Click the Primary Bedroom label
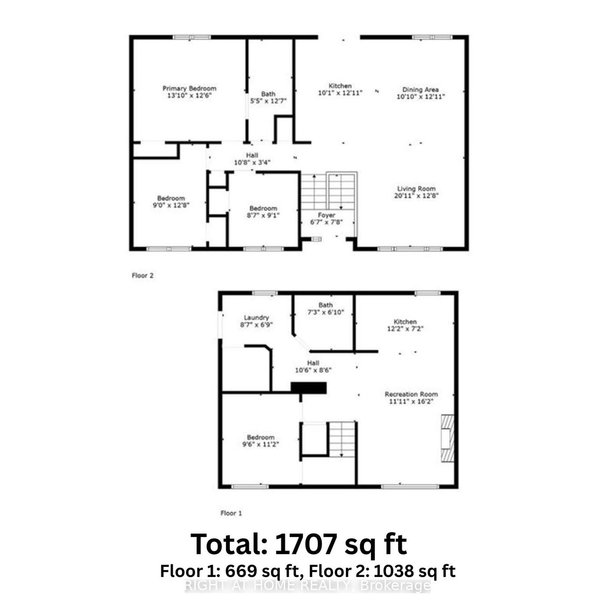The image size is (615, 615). [x=189, y=89]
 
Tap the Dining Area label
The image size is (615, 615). [x=420, y=90]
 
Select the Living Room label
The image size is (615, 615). [x=417, y=189]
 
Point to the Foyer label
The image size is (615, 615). [x=326, y=215]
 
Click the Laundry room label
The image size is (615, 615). [x=256, y=318]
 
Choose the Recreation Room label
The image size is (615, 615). [x=411, y=394]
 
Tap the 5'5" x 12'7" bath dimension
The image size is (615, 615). [x=268, y=101]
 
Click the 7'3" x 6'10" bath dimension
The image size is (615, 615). [x=326, y=312]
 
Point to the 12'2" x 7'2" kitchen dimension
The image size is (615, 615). [x=405, y=329]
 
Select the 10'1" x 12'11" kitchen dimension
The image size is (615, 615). [x=340, y=93]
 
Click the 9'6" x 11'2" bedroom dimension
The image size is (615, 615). [x=260, y=444]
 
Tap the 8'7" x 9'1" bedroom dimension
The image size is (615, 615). [x=263, y=215]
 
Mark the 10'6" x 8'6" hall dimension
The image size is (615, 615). [x=313, y=370]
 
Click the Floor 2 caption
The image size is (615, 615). [x=142, y=276]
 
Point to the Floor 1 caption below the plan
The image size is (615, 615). [x=231, y=513]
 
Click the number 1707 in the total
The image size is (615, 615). [x=305, y=544]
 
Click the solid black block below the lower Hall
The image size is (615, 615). [x=308, y=388]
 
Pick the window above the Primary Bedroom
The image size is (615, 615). [x=192, y=37]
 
